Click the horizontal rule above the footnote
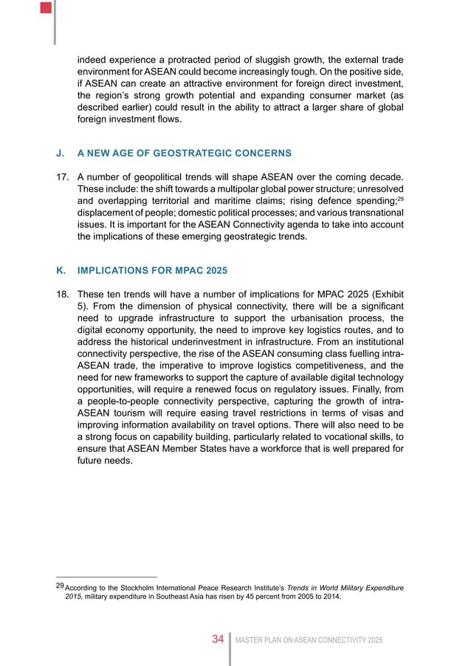point(107,577)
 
